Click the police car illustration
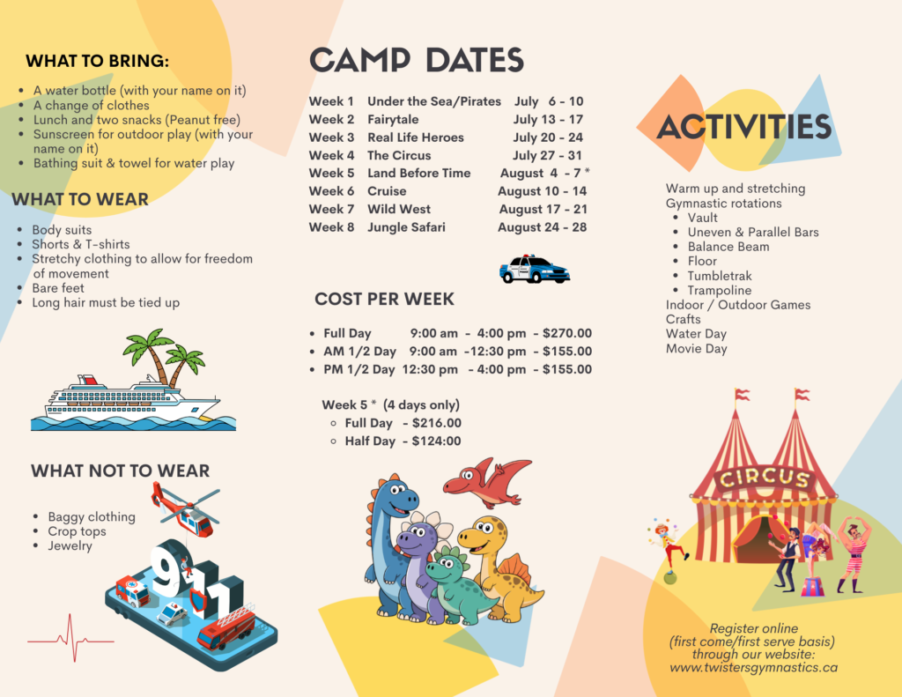pos(535,269)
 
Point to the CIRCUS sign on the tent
pos(765,478)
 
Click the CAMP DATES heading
pos(417,60)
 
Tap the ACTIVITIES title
pos(743,127)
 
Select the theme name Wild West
pos(399,209)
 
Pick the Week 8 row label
pos(331,227)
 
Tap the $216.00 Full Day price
pos(437,423)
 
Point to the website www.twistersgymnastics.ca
pos(754,668)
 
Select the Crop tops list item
pos(78,531)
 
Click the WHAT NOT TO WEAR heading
pos(120,471)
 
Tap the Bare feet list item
pos(58,288)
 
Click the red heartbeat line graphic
pos(70,638)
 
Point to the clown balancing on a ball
pos(668,551)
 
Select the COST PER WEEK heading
pos(384,300)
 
